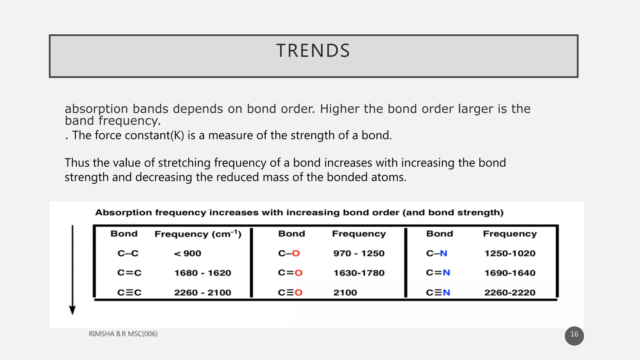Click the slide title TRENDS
[x=313, y=51]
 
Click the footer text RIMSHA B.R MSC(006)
[x=123, y=334]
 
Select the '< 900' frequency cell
[x=187, y=253]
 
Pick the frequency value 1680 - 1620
[x=202, y=273]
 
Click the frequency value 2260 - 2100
[x=202, y=293]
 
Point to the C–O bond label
[x=289, y=253]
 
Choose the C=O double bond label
[x=290, y=273]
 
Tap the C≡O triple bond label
[x=290, y=293]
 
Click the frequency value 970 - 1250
[x=359, y=253]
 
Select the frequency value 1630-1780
[x=359, y=273]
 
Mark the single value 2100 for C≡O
[x=345, y=293]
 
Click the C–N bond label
[x=437, y=253]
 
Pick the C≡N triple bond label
[x=438, y=293]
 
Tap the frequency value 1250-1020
[x=510, y=253]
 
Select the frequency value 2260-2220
[x=510, y=293]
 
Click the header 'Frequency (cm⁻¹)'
[x=198, y=234]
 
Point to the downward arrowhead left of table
[x=72, y=310]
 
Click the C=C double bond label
[x=129, y=273]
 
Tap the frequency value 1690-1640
[x=510, y=273]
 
